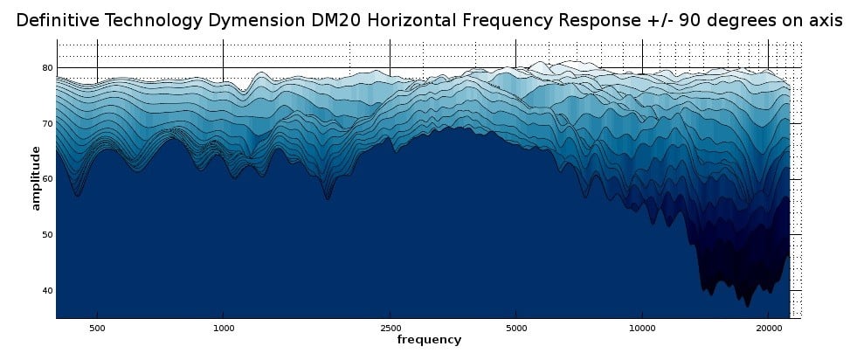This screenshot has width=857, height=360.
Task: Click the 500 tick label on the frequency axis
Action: [97, 329]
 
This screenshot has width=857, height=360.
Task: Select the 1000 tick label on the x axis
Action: [223, 329]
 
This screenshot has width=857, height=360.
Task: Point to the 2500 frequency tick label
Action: [390, 329]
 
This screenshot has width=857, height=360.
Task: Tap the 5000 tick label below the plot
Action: [515, 329]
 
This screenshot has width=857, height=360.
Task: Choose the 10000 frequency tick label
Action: [642, 329]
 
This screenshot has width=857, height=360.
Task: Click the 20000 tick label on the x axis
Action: [768, 329]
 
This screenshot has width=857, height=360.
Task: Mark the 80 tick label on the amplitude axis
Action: [48, 68]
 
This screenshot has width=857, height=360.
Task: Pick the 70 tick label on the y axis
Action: [48, 124]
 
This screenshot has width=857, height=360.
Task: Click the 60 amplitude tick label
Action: [48, 179]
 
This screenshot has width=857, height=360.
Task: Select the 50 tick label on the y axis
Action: [48, 235]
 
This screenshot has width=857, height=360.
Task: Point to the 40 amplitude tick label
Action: [48, 291]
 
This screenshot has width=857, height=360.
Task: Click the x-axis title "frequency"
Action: [429, 339]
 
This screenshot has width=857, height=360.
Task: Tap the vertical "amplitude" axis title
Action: [36, 178]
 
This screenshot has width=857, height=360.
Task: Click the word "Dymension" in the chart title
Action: [257, 22]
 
